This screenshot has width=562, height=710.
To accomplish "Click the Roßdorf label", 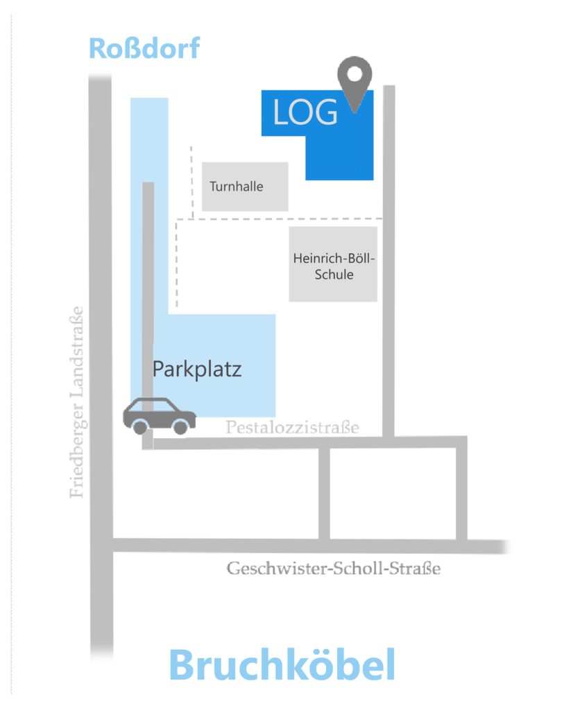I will (144, 49).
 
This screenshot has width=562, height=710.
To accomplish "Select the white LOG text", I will (305, 113).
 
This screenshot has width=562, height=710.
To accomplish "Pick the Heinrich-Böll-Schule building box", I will (333, 265).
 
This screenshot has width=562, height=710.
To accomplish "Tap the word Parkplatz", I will (197, 369).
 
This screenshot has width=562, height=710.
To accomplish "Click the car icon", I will (159, 415).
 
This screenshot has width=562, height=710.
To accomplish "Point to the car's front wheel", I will (180, 427).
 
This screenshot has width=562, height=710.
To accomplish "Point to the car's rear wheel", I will (140, 427).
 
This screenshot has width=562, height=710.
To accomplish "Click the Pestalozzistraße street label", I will (292, 427).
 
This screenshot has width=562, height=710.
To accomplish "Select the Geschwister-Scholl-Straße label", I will (334, 569).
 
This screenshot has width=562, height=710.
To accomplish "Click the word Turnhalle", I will (237, 186).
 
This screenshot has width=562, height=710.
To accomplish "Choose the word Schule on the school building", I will (334, 275).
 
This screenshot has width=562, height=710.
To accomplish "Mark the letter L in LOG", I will (281, 113).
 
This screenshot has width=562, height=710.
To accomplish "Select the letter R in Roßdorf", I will (99, 49).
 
